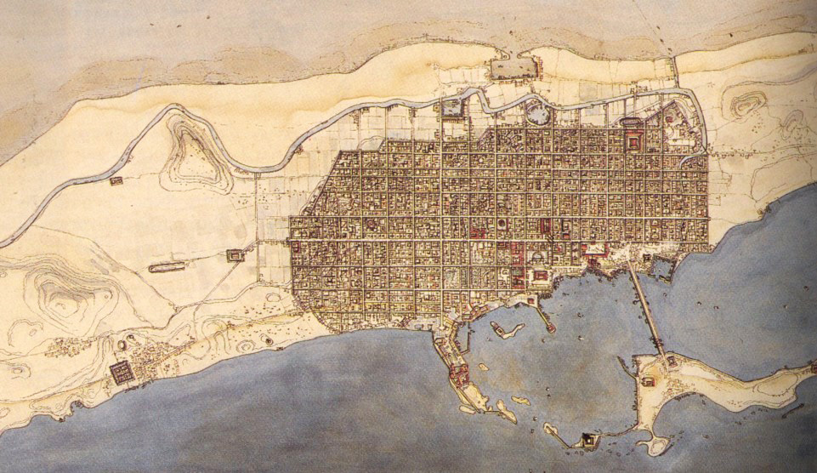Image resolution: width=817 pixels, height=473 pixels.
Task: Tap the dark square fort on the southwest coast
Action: click(121, 372)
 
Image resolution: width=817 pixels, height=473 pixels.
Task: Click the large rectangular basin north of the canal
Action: click(515, 70)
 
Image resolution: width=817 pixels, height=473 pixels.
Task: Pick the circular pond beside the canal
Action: click(536, 112)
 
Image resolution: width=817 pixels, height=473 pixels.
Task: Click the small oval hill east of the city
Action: click(746, 105)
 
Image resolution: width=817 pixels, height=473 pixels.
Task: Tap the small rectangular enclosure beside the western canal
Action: click(116, 180)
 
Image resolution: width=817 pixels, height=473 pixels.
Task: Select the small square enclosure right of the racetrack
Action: click(235, 254)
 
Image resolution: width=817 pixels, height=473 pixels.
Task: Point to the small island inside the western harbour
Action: click(508, 328)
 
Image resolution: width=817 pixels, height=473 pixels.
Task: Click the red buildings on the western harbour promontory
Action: click(459, 373)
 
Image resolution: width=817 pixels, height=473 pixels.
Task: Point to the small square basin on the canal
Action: click(451, 107)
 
